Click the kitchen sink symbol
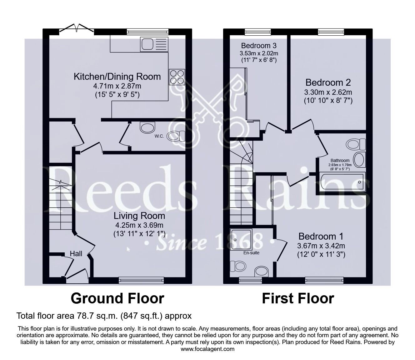coord(154,44)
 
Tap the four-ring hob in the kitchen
coord(177,77)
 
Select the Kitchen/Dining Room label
coord(117,77)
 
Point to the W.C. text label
coord(159,136)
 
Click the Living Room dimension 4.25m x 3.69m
coord(139,225)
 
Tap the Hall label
coord(76,253)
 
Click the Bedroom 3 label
coord(259,46)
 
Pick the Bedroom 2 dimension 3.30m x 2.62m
coord(328,92)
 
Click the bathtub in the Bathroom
coord(342,182)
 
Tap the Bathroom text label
coord(340,160)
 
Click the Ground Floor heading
coord(117,298)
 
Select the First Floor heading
coord(298,298)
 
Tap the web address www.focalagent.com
coord(207,349)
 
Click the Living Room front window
coord(141,281)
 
